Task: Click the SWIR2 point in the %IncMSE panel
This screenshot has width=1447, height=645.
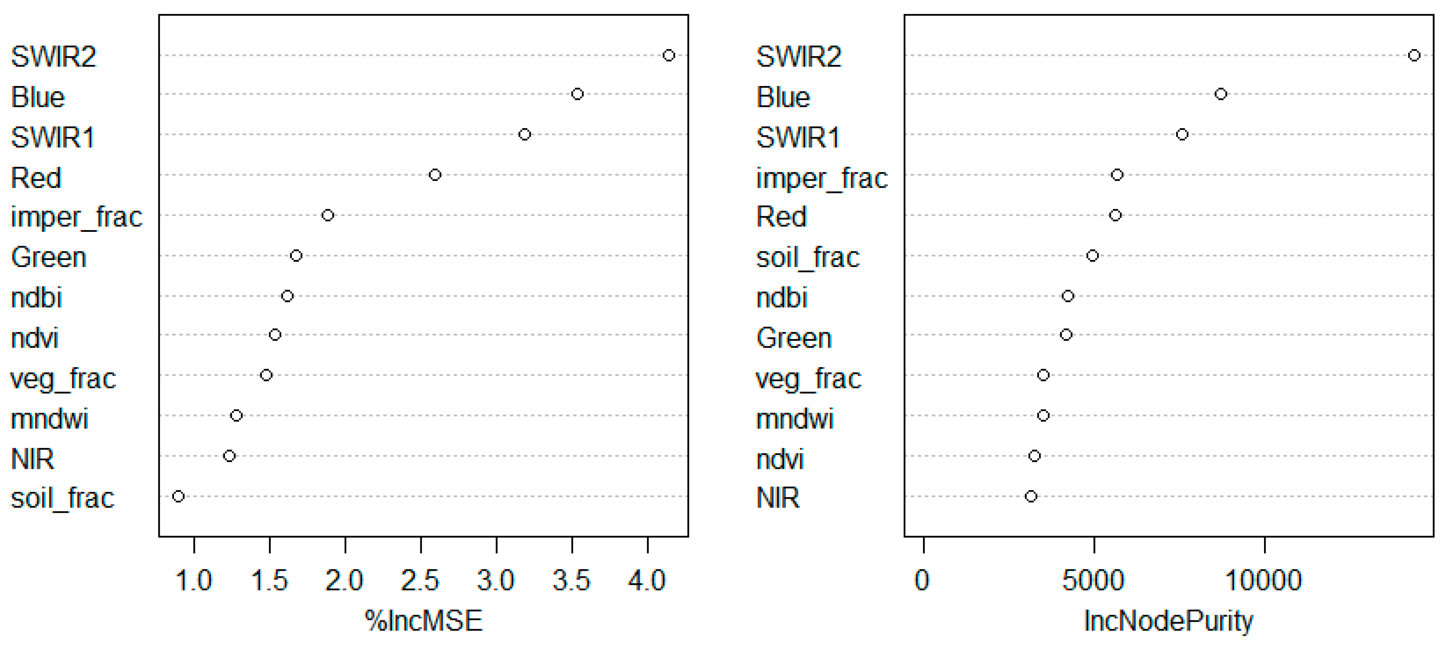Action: point(668,55)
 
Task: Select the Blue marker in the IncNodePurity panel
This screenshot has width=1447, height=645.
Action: point(1221,94)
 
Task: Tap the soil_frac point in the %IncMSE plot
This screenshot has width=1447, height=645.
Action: point(178,496)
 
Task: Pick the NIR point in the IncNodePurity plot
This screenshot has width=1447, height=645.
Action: point(1031,496)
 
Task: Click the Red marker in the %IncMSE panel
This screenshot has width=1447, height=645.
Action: point(435,175)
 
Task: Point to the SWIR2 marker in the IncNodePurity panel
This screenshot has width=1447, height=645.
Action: point(1414,55)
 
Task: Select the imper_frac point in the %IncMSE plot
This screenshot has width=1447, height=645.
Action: point(327,215)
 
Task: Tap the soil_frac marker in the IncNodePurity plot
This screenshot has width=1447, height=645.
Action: point(1092,256)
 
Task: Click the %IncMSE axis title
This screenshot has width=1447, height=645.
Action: point(424,621)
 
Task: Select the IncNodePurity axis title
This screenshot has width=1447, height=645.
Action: point(1168,621)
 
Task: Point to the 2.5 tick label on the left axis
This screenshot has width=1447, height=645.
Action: point(420,580)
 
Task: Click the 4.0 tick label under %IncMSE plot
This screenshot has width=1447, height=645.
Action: point(647,580)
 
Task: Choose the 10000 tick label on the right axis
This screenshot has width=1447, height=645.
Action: point(1264,580)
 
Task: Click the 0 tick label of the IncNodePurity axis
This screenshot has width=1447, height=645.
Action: point(922,580)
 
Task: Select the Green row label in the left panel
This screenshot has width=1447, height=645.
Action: point(49,257)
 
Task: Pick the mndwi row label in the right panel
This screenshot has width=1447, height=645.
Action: point(795,419)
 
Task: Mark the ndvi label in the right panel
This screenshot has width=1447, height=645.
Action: point(780,459)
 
